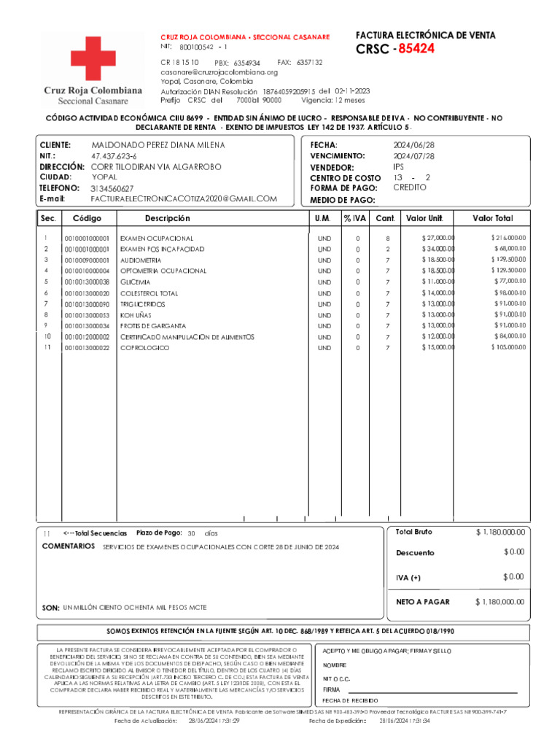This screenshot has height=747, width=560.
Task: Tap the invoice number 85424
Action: pos(416,49)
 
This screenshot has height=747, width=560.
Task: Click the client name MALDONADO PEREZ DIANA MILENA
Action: pos(157,145)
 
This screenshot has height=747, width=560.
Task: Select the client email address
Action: pos(184,198)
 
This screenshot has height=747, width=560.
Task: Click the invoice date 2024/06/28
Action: pos(413,145)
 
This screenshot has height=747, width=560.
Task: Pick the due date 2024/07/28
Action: pos(413,156)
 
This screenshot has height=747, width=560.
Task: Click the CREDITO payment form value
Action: pos(410,187)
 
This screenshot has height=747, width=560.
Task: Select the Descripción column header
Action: pos(167,218)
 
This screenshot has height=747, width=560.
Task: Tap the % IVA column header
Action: pos(356,218)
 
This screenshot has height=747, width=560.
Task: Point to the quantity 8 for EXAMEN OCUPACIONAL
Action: pos(388,239)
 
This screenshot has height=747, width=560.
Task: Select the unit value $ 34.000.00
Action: pos(437,249)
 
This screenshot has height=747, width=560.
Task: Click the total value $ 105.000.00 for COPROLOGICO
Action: pos(507,347)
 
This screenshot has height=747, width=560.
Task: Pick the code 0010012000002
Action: pos(87,337)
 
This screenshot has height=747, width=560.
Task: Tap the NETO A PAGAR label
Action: pos(423,602)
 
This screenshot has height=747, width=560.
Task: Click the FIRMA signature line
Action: pos(430,690)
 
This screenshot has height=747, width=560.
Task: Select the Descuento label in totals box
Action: pos(415,553)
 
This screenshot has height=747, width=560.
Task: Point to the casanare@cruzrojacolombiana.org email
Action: pos(219,72)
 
